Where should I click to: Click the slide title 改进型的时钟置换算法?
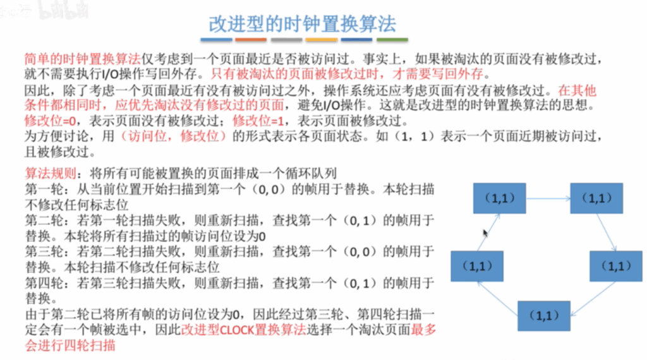coord(302,23)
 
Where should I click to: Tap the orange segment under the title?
coord(251,40)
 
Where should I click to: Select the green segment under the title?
coord(392,40)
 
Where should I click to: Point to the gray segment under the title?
coord(286,40)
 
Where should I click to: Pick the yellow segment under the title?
coord(322,40)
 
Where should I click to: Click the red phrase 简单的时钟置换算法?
coord(83,59)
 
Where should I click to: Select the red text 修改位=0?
coord(50,121)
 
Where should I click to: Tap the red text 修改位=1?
coord(258,121)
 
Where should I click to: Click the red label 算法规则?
coord(51,173)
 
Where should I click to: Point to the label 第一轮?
coord(44,189)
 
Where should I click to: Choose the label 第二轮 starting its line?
coord(44,220)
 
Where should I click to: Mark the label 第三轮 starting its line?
coord(44,251)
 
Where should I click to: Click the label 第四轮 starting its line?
coord(44,283)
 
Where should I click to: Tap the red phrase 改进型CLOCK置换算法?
coord(243,330)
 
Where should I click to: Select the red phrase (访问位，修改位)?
coord(173,136)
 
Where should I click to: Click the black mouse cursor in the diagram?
coord(485,233)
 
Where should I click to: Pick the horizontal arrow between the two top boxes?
coord(548,199)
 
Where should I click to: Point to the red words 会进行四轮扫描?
coord(70,345)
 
